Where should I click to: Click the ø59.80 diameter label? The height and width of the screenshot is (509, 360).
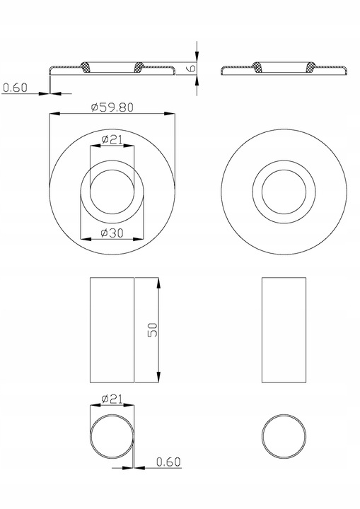112,107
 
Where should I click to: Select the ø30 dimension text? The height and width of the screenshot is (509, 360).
112,233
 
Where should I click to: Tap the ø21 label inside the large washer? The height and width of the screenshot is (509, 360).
112,139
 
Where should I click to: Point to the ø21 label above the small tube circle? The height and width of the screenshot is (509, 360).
112,398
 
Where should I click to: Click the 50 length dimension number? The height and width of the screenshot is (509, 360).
153,330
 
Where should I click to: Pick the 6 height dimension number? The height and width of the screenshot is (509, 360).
192,68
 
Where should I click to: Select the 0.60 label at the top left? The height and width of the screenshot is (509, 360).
16,88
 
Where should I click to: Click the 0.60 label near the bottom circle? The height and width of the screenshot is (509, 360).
168,462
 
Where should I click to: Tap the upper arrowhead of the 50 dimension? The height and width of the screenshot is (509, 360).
158,283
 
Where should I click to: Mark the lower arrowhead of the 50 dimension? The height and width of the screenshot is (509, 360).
158,377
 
